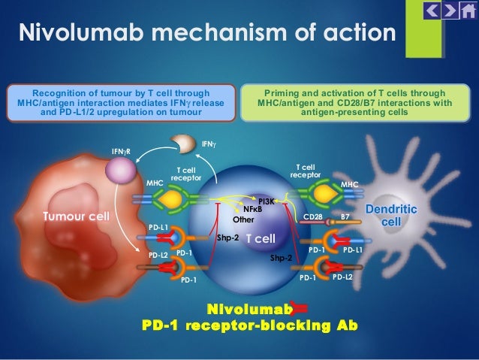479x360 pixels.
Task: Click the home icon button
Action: coord(468,11)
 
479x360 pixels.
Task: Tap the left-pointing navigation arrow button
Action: coord(432,11)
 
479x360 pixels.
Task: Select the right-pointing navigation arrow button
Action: coord(450,11)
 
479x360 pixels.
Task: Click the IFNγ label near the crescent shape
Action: coord(209,144)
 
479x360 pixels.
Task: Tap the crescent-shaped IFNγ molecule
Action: coord(183,143)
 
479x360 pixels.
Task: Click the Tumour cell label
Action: coord(77,216)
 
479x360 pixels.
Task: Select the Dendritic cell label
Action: coord(391,215)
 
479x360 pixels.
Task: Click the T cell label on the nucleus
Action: coord(261,238)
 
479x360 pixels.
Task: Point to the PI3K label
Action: coord(267,201)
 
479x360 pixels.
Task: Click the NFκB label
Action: coord(252,209)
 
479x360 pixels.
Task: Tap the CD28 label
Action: coord(313,217)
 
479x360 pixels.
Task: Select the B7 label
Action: coord(345,217)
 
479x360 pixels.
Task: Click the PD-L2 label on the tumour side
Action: coord(158,255)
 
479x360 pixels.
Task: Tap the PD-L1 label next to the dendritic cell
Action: coord(353,250)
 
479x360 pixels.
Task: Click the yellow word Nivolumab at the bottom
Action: coord(249,309)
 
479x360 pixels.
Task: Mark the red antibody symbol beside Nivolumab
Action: coord(300,308)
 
